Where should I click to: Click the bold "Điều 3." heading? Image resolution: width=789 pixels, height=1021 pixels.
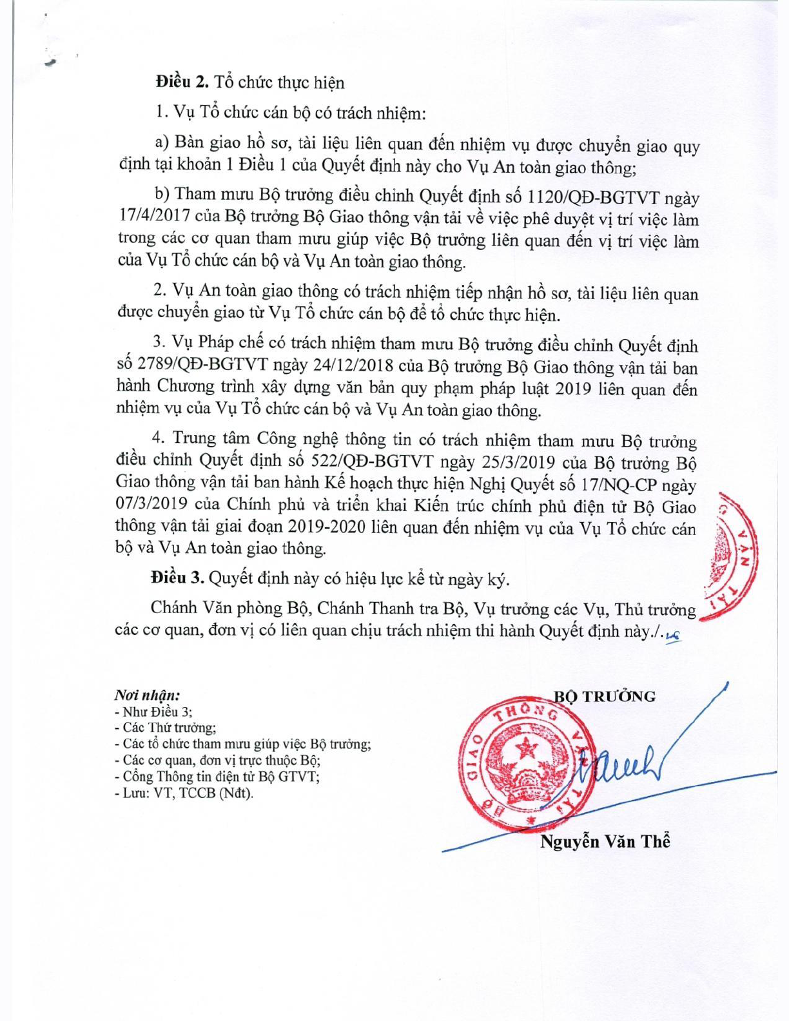[x=177, y=578]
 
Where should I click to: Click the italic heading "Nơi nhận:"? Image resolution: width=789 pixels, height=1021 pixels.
[x=147, y=695]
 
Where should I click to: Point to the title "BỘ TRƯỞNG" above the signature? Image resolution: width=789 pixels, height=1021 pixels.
[x=605, y=696]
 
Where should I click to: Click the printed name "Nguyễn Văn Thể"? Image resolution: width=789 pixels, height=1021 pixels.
[x=605, y=841]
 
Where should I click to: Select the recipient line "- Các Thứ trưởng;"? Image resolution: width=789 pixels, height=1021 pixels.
[x=165, y=728]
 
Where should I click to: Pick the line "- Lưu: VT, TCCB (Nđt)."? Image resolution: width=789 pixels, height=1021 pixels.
[x=184, y=793]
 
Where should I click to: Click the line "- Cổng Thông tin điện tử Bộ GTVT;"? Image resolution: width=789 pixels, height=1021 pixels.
[x=217, y=777]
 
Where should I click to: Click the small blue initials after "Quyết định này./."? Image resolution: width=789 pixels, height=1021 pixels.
[x=674, y=634]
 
